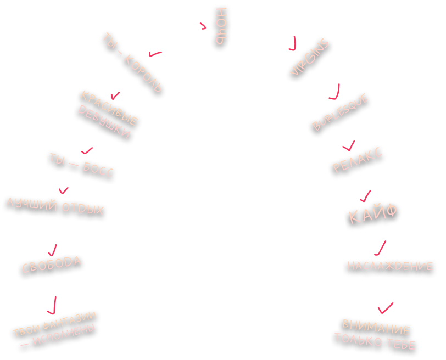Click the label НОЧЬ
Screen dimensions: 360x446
pos(221,27)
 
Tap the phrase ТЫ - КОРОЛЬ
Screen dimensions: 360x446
pos(131,62)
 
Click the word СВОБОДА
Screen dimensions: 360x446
pos(52,265)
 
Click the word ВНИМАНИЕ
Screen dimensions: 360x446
pos(376,327)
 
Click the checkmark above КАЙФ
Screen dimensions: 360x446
pos(365,195)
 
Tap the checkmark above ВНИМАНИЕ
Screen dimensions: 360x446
pos(386,307)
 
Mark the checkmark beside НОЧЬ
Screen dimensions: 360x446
pos(203,26)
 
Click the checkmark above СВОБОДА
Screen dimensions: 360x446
pos(53,249)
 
